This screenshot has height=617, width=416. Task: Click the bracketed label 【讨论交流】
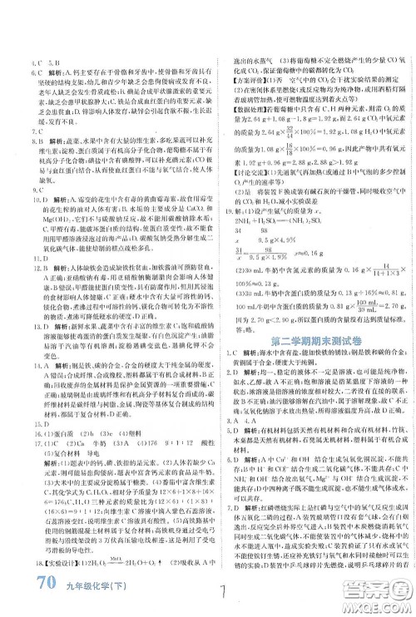point(241,182)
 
